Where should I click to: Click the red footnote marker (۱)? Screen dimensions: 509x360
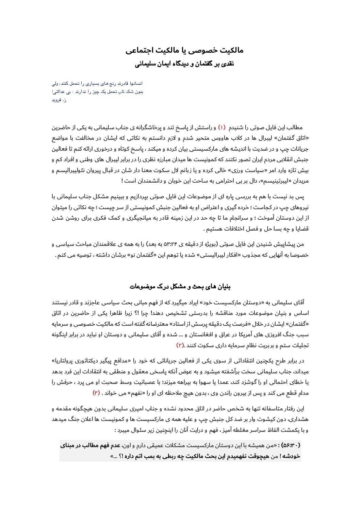[x=222, y=128]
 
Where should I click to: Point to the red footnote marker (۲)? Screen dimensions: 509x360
[x=180, y=345]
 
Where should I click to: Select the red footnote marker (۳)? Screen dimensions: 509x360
[x=96, y=393]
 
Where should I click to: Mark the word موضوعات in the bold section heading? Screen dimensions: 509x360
[x=142, y=287]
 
